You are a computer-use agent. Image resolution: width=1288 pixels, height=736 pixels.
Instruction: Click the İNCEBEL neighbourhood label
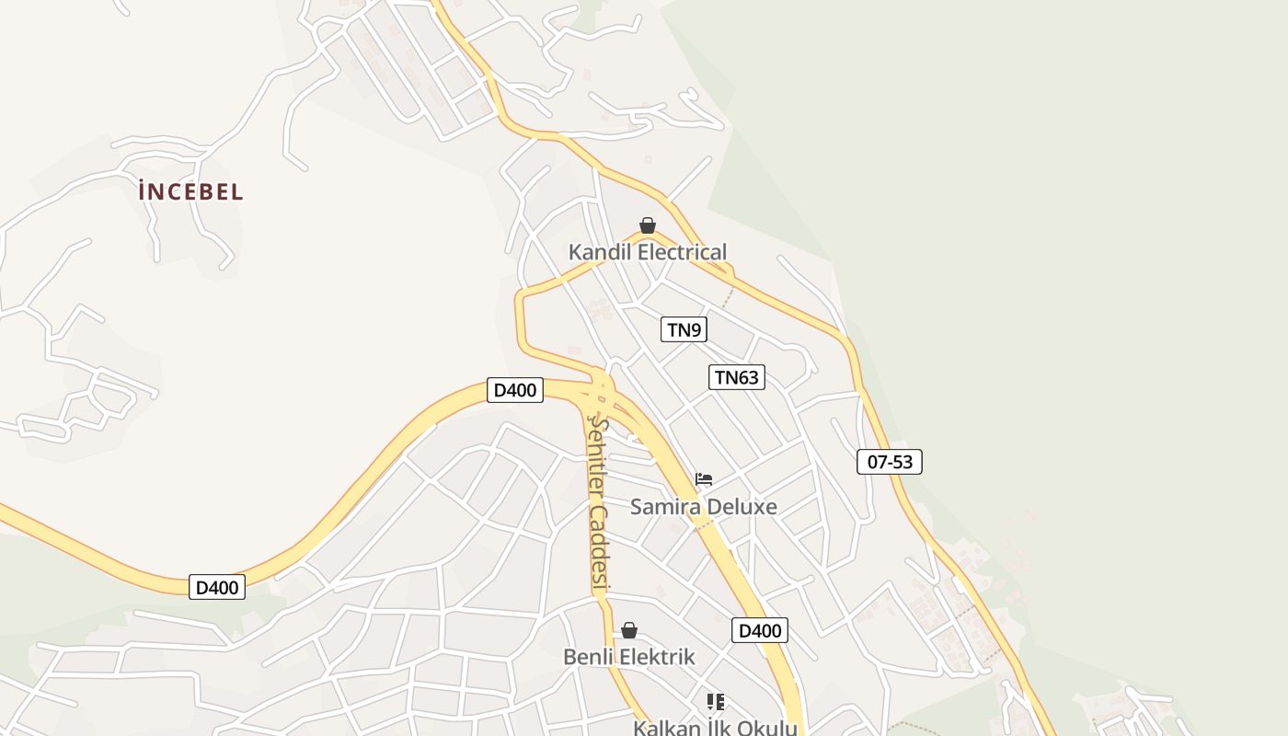pyautogui.click(x=190, y=192)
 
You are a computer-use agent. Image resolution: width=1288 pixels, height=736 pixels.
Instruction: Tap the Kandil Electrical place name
pyautogui.click(x=647, y=252)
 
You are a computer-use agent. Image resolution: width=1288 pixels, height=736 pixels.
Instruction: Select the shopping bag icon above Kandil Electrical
pyautogui.click(x=648, y=225)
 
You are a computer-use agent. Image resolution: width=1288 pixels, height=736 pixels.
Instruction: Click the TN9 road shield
pyautogui.click(x=684, y=329)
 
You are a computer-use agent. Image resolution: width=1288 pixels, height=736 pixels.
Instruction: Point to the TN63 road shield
pyautogui.click(x=737, y=376)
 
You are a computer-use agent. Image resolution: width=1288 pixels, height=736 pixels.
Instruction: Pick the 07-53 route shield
pyautogui.click(x=889, y=462)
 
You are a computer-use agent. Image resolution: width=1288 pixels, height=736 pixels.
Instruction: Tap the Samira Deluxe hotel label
pyautogui.click(x=703, y=507)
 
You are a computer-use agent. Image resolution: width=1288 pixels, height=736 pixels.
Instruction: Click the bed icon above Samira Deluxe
pyautogui.click(x=704, y=479)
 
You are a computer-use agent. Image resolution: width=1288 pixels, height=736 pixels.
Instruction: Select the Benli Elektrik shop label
pyautogui.click(x=628, y=658)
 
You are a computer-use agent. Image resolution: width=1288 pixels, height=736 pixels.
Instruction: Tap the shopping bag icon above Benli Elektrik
pyautogui.click(x=629, y=630)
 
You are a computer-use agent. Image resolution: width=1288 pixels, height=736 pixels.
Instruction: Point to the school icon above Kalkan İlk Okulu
pyautogui.click(x=716, y=702)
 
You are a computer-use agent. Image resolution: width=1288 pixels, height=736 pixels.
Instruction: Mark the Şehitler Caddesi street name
pyautogui.click(x=599, y=501)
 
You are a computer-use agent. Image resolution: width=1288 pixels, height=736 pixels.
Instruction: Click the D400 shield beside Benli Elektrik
pyautogui.click(x=760, y=630)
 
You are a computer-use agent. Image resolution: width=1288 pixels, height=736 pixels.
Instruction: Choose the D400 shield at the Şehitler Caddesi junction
pyautogui.click(x=514, y=390)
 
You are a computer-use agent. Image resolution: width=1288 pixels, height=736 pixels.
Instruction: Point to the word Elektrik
pyautogui.click(x=657, y=658)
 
